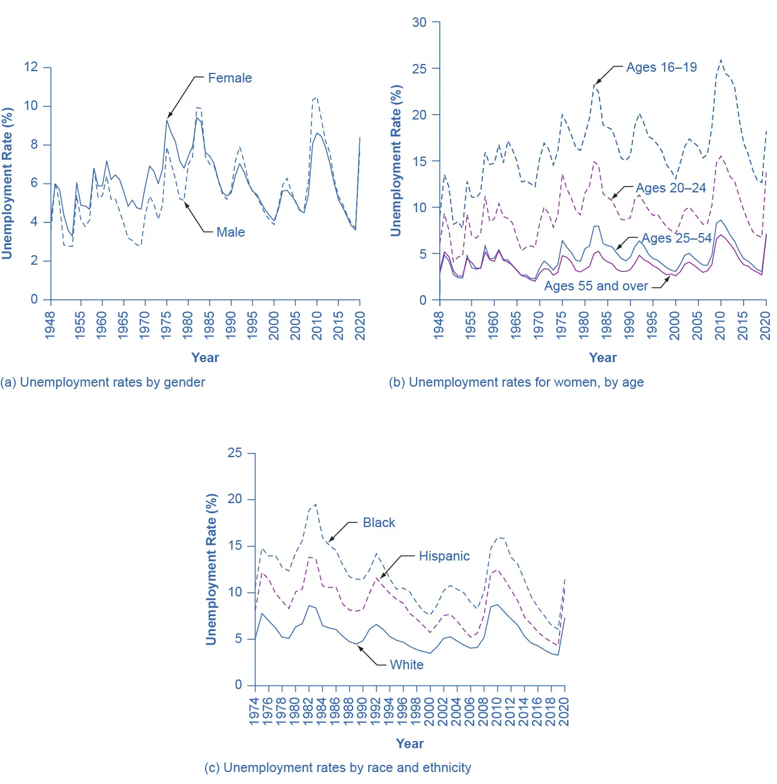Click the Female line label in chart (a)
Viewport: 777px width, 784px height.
(230, 78)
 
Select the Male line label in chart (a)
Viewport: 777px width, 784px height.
(230, 232)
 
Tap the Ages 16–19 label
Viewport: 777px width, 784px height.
(661, 68)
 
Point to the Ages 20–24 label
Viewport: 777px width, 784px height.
(671, 188)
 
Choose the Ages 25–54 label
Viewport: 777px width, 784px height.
(677, 238)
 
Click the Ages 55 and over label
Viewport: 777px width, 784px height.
(595, 286)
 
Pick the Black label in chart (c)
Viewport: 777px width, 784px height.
(379, 523)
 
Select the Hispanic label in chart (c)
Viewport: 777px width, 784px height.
(444, 556)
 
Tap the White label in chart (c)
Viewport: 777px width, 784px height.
(406, 665)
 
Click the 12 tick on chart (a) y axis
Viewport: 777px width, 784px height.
(31, 67)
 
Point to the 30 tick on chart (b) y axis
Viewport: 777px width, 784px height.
(420, 23)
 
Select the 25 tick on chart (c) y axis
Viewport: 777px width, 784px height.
(235, 453)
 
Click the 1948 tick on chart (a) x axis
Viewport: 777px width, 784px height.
(50, 325)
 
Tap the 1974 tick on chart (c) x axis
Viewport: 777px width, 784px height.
(254, 711)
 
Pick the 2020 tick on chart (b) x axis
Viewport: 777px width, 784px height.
(765, 325)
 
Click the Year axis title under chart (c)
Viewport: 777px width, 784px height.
(409, 744)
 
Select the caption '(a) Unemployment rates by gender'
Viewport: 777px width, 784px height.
(103, 382)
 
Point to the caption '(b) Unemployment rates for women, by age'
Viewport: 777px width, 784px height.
(516, 382)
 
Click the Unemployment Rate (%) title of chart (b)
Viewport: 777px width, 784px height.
(396, 160)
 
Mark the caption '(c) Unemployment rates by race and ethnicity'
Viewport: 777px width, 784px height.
(338, 768)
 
